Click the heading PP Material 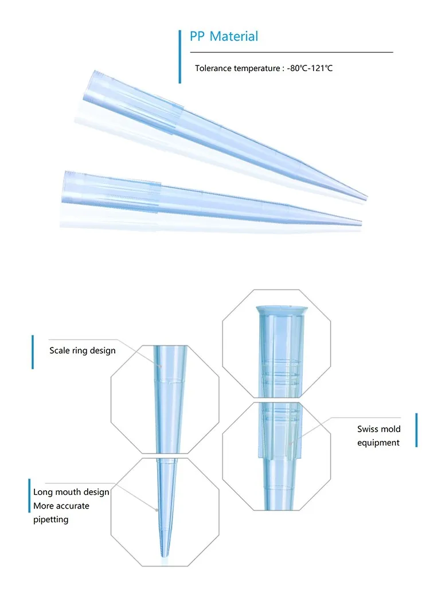[x=224, y=37]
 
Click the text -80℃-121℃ [x=310, y=68]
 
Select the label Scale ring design [x=82, y=350]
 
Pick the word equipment [x=378, y=443]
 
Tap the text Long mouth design [x=71, y=492]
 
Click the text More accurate [x=61, y=506]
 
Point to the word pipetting [x=50, y=519]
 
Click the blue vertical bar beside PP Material [x=180, y=56]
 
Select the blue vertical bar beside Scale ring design [x=33, y=351]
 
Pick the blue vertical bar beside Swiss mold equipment [x=417, y=435]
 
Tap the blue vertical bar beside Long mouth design [x=29, y=495]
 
